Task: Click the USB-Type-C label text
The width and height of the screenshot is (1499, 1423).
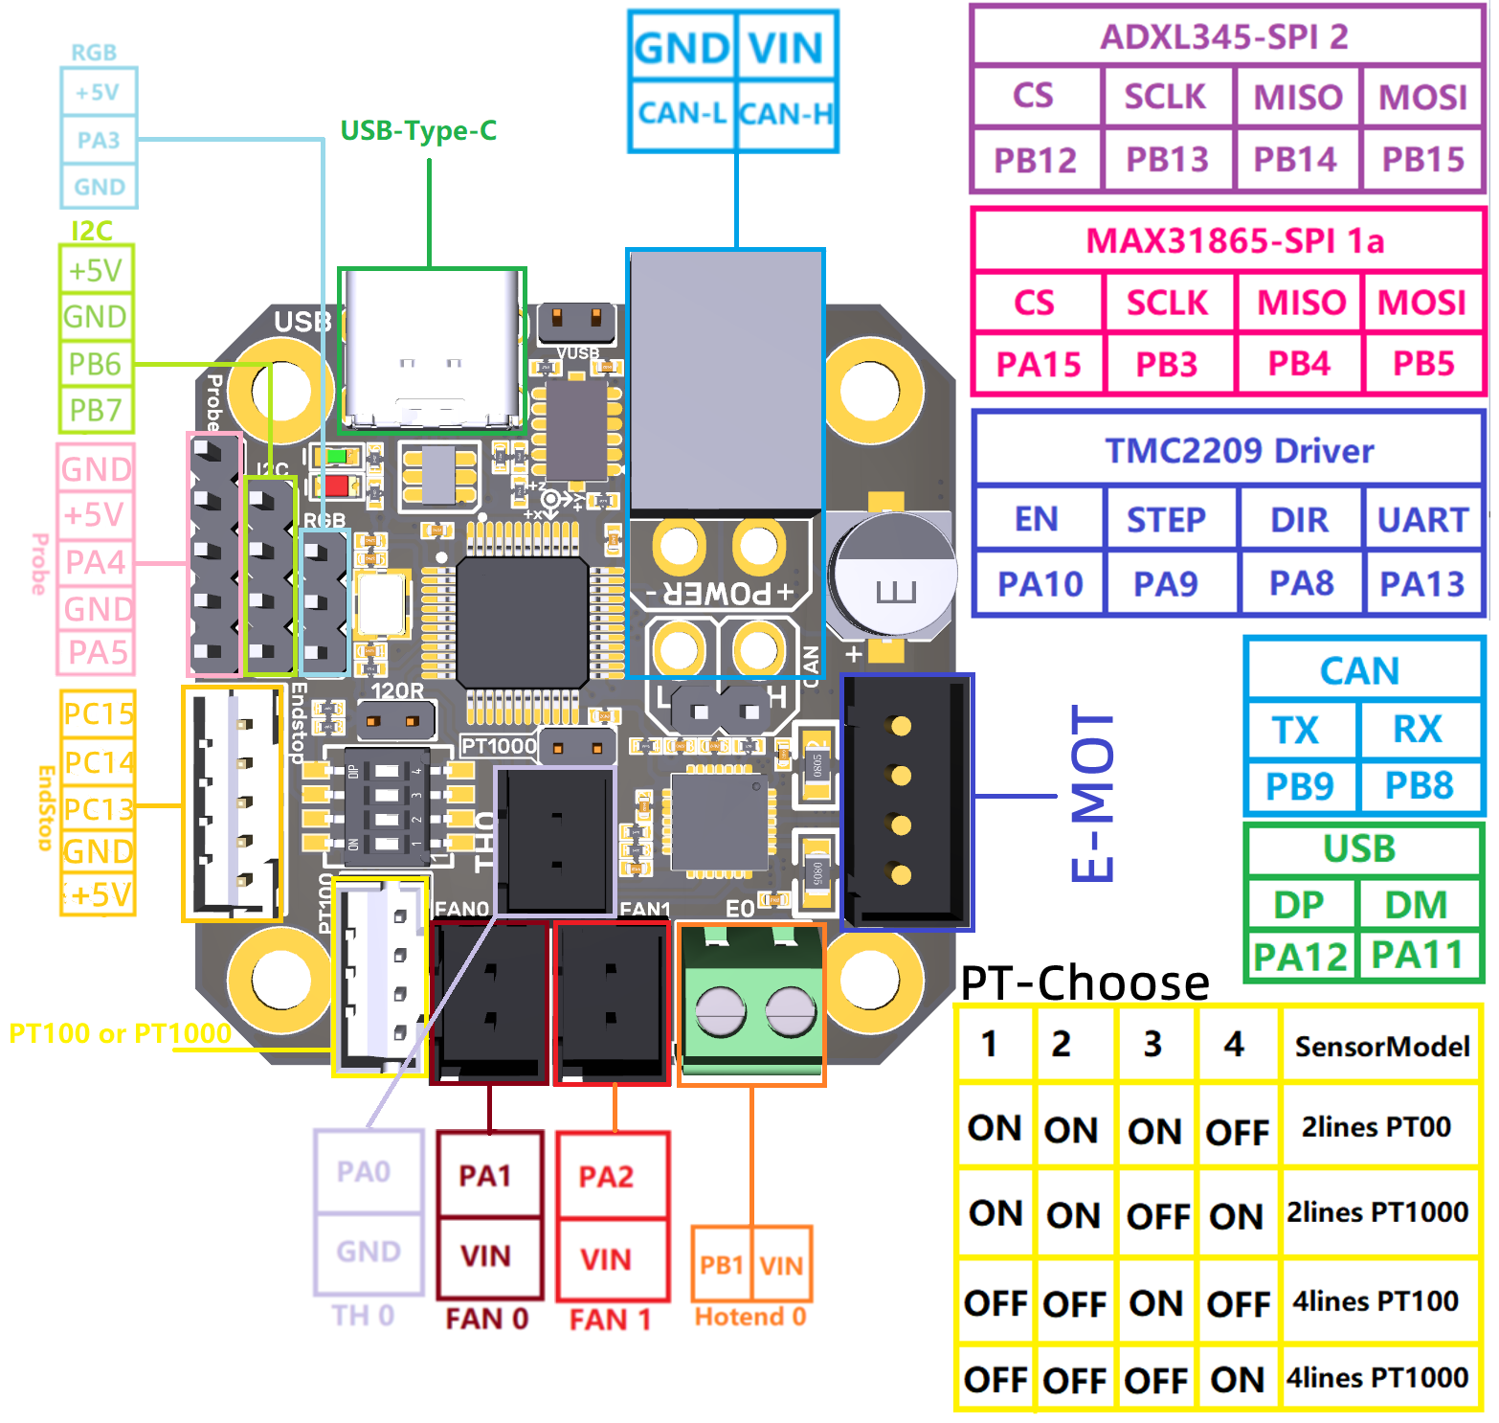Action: (418, 130)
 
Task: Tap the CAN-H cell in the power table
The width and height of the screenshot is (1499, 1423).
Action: (787, 114)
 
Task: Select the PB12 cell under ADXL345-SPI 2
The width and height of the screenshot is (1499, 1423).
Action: (1035, 160)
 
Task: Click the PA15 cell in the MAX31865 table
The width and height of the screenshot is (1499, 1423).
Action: (1038, 365)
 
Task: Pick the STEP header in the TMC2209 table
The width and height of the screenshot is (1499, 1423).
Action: (1166, 520)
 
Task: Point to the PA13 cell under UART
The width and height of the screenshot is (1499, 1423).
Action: (1421, 583)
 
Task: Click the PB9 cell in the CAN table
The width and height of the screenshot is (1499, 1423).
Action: (1299, 786)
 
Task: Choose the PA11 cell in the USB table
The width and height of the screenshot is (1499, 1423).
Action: (1417, 955)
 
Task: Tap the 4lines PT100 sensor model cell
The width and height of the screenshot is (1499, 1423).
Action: (1376, 1301)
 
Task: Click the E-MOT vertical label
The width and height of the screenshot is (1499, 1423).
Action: (1092, 794)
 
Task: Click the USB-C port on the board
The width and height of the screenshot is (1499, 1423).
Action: (432, 350)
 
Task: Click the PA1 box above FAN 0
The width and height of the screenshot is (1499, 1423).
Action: (485, 1175)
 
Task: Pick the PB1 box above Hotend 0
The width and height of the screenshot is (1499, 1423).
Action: (722, 1265)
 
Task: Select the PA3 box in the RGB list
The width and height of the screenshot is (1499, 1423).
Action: (99, 140)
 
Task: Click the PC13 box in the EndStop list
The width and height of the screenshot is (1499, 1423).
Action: (98, 809)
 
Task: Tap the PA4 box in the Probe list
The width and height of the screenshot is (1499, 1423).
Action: (96, 562)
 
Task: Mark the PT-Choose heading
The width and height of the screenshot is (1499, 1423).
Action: (1085, 983)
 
